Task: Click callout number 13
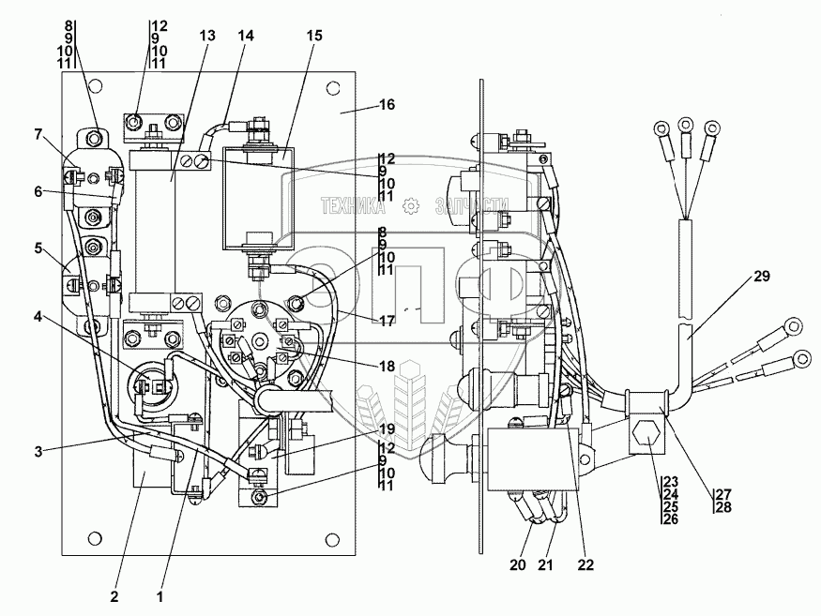207,36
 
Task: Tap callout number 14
246,36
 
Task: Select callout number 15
314,36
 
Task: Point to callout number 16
387,105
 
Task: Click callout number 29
762,276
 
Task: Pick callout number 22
585,564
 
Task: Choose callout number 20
517,564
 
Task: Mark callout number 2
114,596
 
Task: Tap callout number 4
38,317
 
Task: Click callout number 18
387,367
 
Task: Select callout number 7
38,134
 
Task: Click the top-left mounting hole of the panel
95,85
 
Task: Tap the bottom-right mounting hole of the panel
331,540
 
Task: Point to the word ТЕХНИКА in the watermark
354,206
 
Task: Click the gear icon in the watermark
411,206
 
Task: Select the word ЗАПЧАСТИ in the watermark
472,206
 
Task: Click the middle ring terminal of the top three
685,126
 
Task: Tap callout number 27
723,494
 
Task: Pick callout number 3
38,452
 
